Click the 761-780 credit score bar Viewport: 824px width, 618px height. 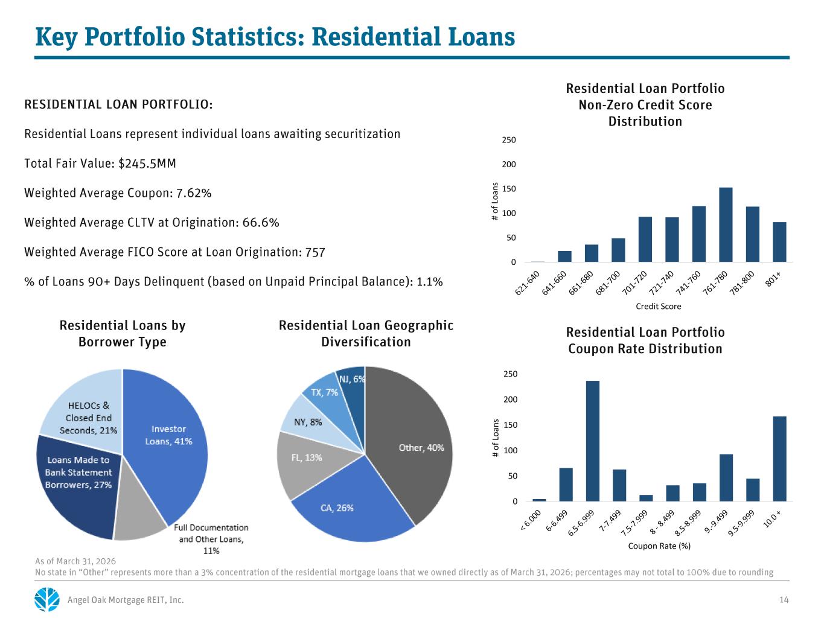[x=725, y=225]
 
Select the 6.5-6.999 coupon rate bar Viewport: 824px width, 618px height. [x=592, y=441]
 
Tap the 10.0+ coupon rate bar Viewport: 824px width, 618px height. [x=779, y=459]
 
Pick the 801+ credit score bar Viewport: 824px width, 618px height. [x=779, y=242]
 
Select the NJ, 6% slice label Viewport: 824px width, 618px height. [x=352, y=379]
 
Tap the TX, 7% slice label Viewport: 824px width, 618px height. [x=324, y=392]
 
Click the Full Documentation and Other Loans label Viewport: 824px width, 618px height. [x=211, y=539]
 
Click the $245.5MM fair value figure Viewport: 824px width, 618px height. [x=147, y=164]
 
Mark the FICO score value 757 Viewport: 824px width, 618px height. [x=315, y=252]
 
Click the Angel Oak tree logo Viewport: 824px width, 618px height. [x=47, y=599]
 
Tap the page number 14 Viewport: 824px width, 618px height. [x=784, y=600]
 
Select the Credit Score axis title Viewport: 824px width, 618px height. [x=658, y=306]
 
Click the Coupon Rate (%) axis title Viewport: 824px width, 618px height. [x=659, y=546]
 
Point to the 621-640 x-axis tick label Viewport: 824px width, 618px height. [x=527, y=283]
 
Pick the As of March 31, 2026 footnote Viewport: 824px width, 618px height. [x=75, y=561]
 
